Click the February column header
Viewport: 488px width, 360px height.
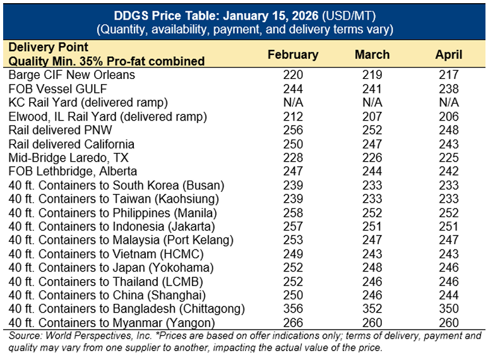coord(293,54)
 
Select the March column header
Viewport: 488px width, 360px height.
coord(372,54)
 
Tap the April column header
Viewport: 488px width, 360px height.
coord(449,54)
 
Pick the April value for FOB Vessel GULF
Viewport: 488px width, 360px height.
coord(449,88)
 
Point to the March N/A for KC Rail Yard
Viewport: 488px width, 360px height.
coord(372,102)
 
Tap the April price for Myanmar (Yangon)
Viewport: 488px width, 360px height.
coord(449,323)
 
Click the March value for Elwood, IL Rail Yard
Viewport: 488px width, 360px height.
coord(372,116)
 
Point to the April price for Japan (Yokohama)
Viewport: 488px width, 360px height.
coord(449,268)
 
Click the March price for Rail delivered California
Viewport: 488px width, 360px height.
coord(372,144)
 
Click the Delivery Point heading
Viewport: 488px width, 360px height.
coord(49,47)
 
